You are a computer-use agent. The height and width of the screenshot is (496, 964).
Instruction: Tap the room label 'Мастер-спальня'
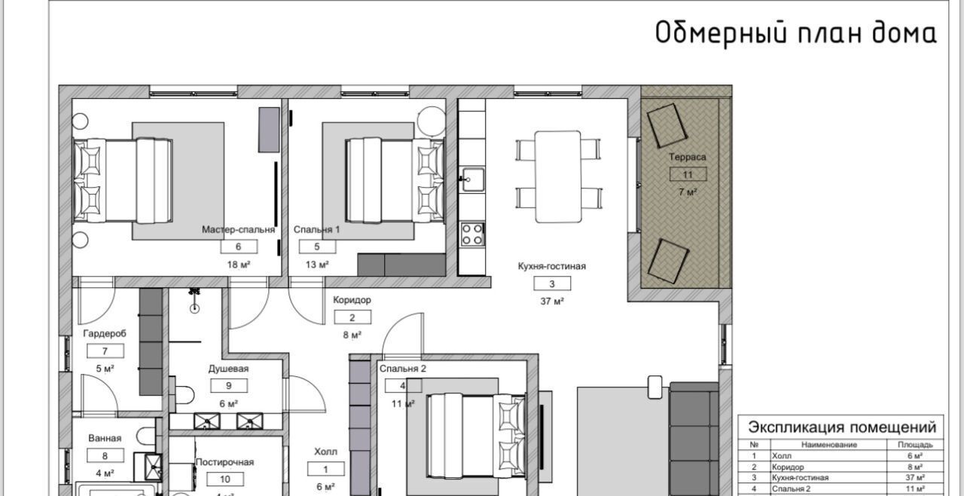[238, 229]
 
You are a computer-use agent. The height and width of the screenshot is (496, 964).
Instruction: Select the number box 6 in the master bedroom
[239, 246]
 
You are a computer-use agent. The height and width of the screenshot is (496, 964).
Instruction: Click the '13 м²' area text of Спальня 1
[317, 265]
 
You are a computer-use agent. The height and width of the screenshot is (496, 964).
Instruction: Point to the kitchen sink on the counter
[472, 179]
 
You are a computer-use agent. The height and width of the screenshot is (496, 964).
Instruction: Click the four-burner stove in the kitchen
[472, 234]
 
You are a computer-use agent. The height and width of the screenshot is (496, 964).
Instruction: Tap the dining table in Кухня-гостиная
[558, 176]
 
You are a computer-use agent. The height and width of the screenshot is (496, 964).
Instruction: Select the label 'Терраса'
[688, 157]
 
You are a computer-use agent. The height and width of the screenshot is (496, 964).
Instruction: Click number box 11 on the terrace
[688, 174]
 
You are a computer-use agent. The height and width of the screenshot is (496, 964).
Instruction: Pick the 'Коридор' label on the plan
[352, 300]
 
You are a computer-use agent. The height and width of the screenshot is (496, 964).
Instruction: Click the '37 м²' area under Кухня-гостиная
[552, 302]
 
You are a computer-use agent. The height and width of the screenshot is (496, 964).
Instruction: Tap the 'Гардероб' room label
[105, 333]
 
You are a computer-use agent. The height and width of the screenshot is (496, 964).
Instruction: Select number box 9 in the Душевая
[229, 386]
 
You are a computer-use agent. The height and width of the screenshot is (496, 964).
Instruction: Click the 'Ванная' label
[105, 438]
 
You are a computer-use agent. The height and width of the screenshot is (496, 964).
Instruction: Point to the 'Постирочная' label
[224, 462]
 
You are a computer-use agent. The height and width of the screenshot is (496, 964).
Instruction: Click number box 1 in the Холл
[326, 469]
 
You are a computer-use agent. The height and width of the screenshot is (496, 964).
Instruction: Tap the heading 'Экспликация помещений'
[842, 427]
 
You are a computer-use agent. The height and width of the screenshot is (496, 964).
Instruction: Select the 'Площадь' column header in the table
[915, 445]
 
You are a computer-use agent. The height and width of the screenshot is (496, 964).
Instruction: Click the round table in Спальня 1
[432, 122]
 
